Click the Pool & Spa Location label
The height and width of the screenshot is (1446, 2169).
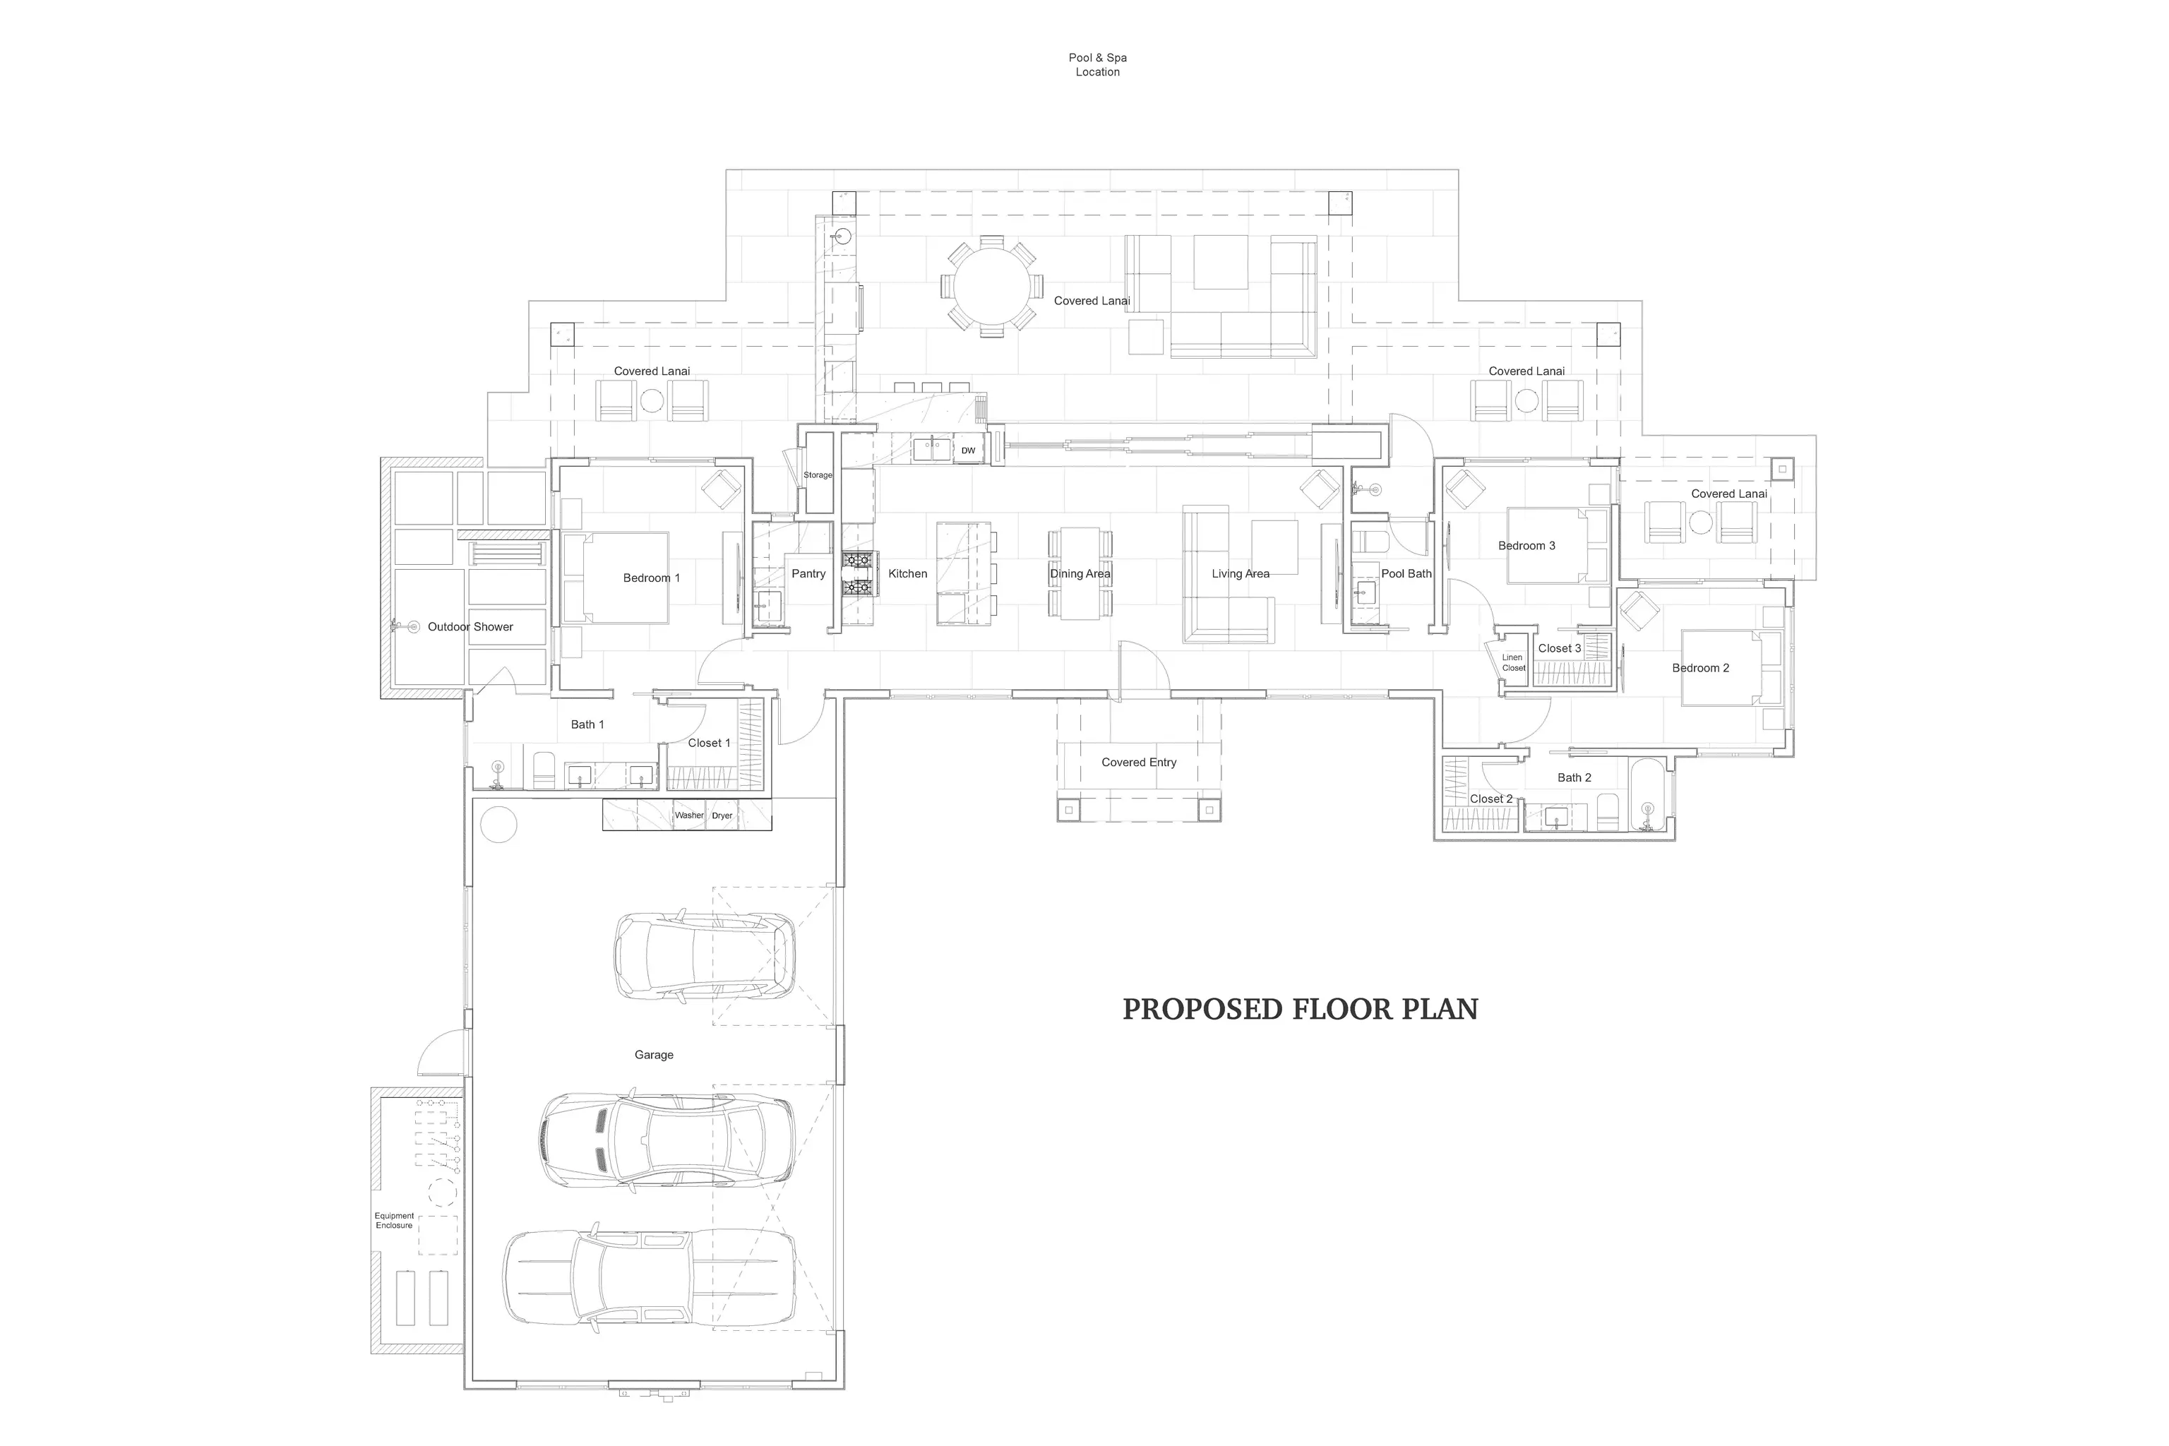pyautogui.click(x=1097, y=64)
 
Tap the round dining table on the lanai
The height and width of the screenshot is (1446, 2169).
pyautogui.click(x=991, y=287)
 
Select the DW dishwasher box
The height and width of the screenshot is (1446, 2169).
pyautogui.click(x=968, y=450)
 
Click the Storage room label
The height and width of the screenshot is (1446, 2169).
pyautogui.click(x=818, y=475)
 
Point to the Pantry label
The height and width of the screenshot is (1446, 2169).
pyautogui.click(x=808, y=573)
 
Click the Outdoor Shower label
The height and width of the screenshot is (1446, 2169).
pyautogui.click(x=470, y=627)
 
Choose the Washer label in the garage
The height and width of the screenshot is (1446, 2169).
pyautogui.click(x=689, y=815)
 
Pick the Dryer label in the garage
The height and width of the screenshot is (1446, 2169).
pyautogui.click(x=722, y=815)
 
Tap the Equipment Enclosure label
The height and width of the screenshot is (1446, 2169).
pyautogui.click(x=394, y=1220)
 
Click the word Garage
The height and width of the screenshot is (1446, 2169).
pyautogui.click(x=654, y=1055)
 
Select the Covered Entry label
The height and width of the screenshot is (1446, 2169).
pyautogui.click(x=1139, y=763)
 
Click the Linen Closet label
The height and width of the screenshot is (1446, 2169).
pyautogui.click(x=1513, y=662)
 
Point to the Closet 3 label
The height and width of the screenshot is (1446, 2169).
pyautogui.click(x=1560, y=648)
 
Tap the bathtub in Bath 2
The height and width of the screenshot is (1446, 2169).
pyautogui.click(x=1647, y=795)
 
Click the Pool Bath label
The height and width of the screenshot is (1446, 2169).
pyautogui.click(x=1406, y=573)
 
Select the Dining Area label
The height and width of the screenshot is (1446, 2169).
pyautogui.click(x=1080, y=573)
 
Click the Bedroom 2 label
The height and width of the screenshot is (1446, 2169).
pyautogui.click(x=1700, y=669)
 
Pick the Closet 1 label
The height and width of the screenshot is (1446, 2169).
pyautogui.click(x=709, y=743)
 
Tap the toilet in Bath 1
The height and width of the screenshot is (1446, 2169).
pyautogui.click(x=544, y=770)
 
